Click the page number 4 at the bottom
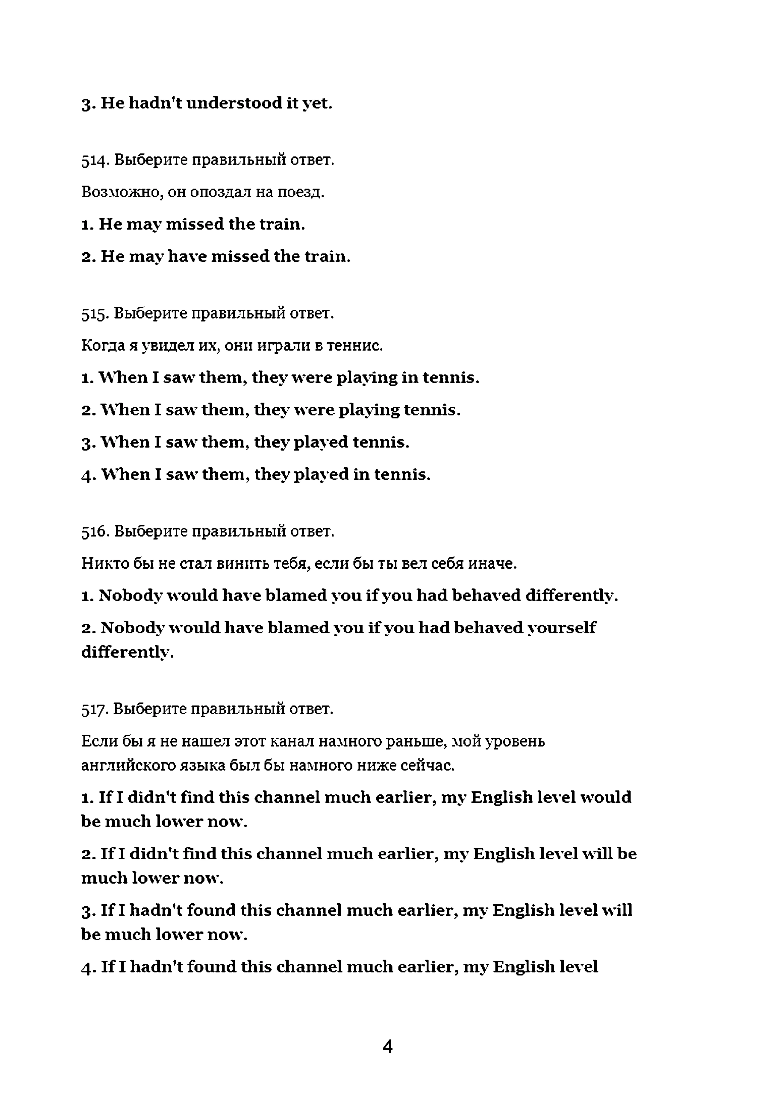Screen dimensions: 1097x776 (x=387, y=1047)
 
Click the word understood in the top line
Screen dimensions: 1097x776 (x=234, y=103)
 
